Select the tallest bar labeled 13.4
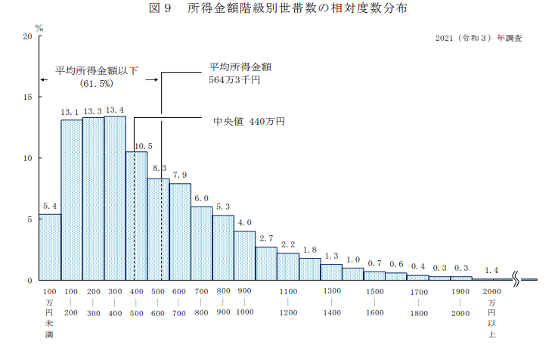click(115, 198)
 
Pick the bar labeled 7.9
click(180, 231)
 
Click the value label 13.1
click(72, 112)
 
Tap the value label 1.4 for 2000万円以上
click(491, 270)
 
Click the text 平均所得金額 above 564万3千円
click(240, 67)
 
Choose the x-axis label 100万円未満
click(50, 313)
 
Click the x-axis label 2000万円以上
click(491, 313)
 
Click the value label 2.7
click(266, 239)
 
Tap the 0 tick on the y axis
click(29, 281)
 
